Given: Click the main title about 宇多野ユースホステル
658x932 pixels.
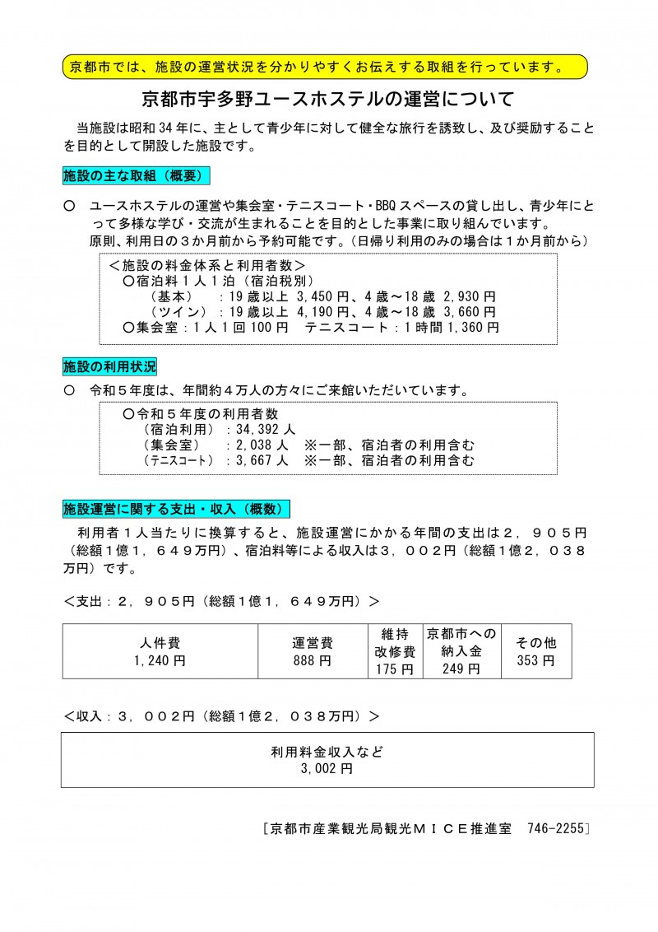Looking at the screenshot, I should coord(328,100).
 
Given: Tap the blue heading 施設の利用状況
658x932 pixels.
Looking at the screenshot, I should coord(109,365).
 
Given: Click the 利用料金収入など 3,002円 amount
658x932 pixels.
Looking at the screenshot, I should coord(327,769).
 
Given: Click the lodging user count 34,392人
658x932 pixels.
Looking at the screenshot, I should coord(266,429).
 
